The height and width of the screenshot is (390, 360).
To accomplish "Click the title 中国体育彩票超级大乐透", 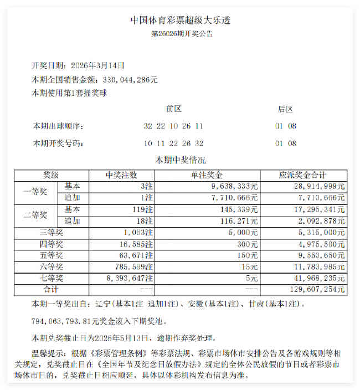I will pos(179,20).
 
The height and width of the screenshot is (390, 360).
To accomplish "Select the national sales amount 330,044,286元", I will pos(127,80).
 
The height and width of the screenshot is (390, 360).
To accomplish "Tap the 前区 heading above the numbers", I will pos(173,109).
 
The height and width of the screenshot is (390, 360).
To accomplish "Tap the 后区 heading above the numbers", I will pos(285,109).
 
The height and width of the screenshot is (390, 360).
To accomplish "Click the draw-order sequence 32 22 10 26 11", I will pos(173,126).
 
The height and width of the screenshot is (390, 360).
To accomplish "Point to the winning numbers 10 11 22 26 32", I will pos(173,144).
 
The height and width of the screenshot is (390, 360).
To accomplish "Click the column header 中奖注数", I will pos(121,176).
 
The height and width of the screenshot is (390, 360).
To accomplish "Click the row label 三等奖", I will pos(51,232).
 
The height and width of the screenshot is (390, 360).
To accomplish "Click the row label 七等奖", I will pos(51,278).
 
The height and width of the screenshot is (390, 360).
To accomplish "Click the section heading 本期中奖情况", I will pos(181,161).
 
